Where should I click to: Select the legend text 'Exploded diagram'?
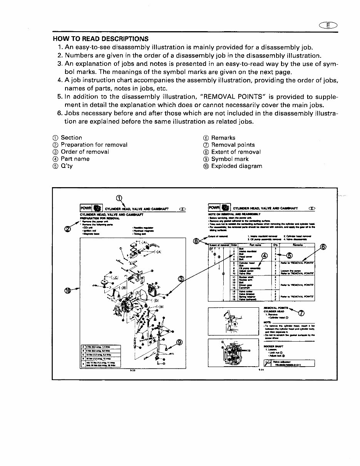point(236,166)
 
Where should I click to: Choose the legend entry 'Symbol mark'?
point(230,159)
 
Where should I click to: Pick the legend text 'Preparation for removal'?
point(94,145)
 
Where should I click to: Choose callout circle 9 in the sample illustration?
point(179,342)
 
